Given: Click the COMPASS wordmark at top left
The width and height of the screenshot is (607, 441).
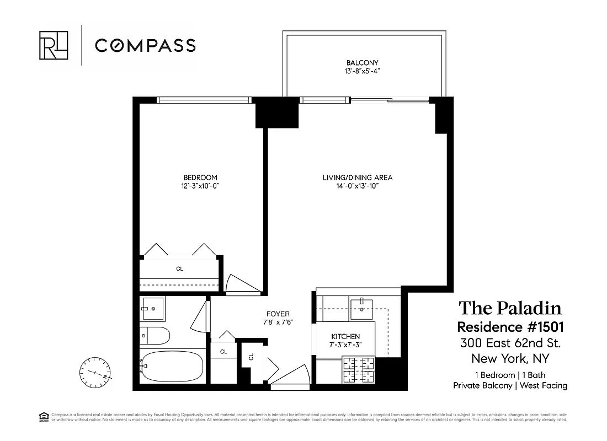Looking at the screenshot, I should [145, 45].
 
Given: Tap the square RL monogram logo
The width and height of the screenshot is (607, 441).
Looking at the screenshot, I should [54, 45].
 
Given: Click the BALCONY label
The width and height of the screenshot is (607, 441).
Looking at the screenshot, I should [362, 63].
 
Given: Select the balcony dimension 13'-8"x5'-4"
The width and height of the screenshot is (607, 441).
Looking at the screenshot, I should [362, 72].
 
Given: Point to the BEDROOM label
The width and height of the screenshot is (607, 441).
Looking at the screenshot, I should [200, 178].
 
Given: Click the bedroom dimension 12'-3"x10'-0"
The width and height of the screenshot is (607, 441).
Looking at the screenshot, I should [200, 186].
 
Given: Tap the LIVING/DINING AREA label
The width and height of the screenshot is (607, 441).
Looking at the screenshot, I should [358, 178].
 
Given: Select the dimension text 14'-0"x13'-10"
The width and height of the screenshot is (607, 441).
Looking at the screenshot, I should [358, 186].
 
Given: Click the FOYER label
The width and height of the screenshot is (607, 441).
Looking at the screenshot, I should [277, 314].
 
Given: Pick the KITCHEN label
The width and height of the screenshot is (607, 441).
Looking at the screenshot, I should [345, 336].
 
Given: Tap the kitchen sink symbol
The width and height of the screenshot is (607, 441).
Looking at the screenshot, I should [361, 306].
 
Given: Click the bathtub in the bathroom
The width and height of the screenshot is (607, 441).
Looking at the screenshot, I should [171, 366].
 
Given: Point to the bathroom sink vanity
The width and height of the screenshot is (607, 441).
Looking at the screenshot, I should [153, 309].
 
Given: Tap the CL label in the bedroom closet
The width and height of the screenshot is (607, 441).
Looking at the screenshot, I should [179, 269].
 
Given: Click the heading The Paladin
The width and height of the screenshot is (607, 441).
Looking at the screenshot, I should [510, 309].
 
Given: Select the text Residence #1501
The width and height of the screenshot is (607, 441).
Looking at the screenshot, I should [510, 326].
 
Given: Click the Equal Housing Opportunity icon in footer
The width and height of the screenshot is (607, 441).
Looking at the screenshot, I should [43, 416].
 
